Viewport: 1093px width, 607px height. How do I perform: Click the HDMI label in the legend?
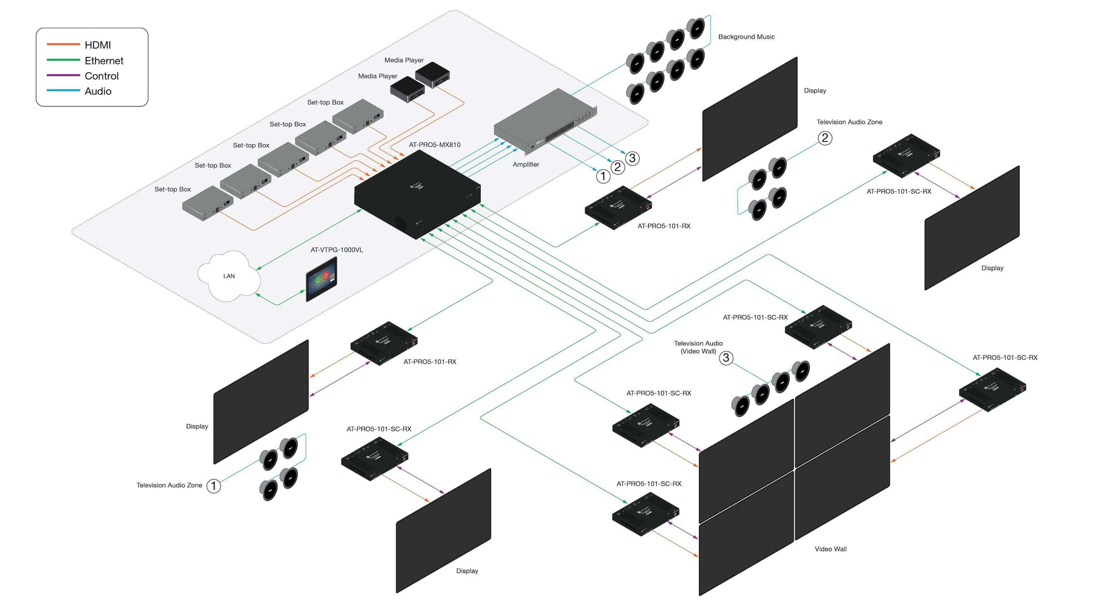point(98,45)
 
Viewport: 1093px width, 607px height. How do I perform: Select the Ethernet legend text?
point(104,61)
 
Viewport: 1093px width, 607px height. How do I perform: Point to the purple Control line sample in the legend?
point(63,75)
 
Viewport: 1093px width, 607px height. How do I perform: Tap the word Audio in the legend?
point(98,91)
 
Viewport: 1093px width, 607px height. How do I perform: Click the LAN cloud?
point(229,276)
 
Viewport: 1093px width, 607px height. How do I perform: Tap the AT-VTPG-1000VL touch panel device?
point(321,279)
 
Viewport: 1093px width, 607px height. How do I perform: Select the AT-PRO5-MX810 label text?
point(434,145)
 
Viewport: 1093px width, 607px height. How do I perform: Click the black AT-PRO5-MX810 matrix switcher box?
point(417,195)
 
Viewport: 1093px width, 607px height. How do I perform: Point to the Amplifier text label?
point(526,164)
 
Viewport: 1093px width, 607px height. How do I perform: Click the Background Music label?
point(746,37)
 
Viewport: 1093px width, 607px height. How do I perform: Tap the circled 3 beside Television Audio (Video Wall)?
point(726,358)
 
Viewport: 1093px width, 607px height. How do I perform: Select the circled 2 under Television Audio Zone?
point(825,138)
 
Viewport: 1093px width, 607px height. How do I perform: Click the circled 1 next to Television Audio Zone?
point(213,486)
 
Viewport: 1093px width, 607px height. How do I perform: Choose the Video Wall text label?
point(830,549)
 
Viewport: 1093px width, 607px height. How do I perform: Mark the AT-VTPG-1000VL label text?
point(336,250)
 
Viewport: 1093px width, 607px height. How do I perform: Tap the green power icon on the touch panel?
point(318,279)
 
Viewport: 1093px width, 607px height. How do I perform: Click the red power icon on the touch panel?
point(326,276)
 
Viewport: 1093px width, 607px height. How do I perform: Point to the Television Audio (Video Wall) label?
point(698,347)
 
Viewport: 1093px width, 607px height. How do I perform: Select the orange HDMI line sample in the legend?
point(63,44)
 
